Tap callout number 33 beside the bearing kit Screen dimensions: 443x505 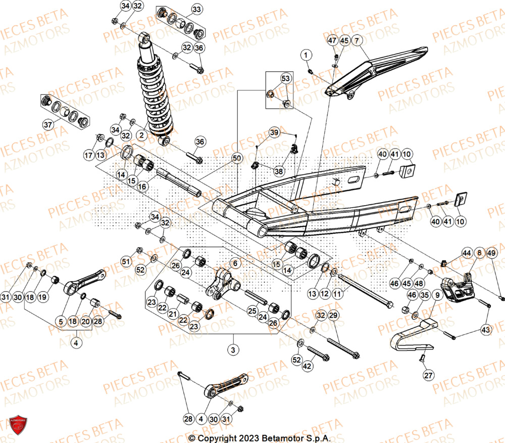(x=196, y=9)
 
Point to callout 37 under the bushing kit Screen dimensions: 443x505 (x=48, y=125)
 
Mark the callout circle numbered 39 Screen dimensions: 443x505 (x=274, y=132)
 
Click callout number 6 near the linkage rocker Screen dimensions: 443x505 (x=234, y=263)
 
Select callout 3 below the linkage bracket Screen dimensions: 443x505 (x=233, y=349)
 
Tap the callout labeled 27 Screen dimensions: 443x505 (x=428, y=375)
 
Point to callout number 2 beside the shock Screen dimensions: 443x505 (x=141, y=135)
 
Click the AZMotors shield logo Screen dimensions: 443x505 (x=18, y=424)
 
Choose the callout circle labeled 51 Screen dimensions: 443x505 (x=126, y=261)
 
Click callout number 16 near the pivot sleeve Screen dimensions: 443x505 (x=142, y=186)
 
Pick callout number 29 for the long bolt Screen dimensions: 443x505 (x=333, y=315)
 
